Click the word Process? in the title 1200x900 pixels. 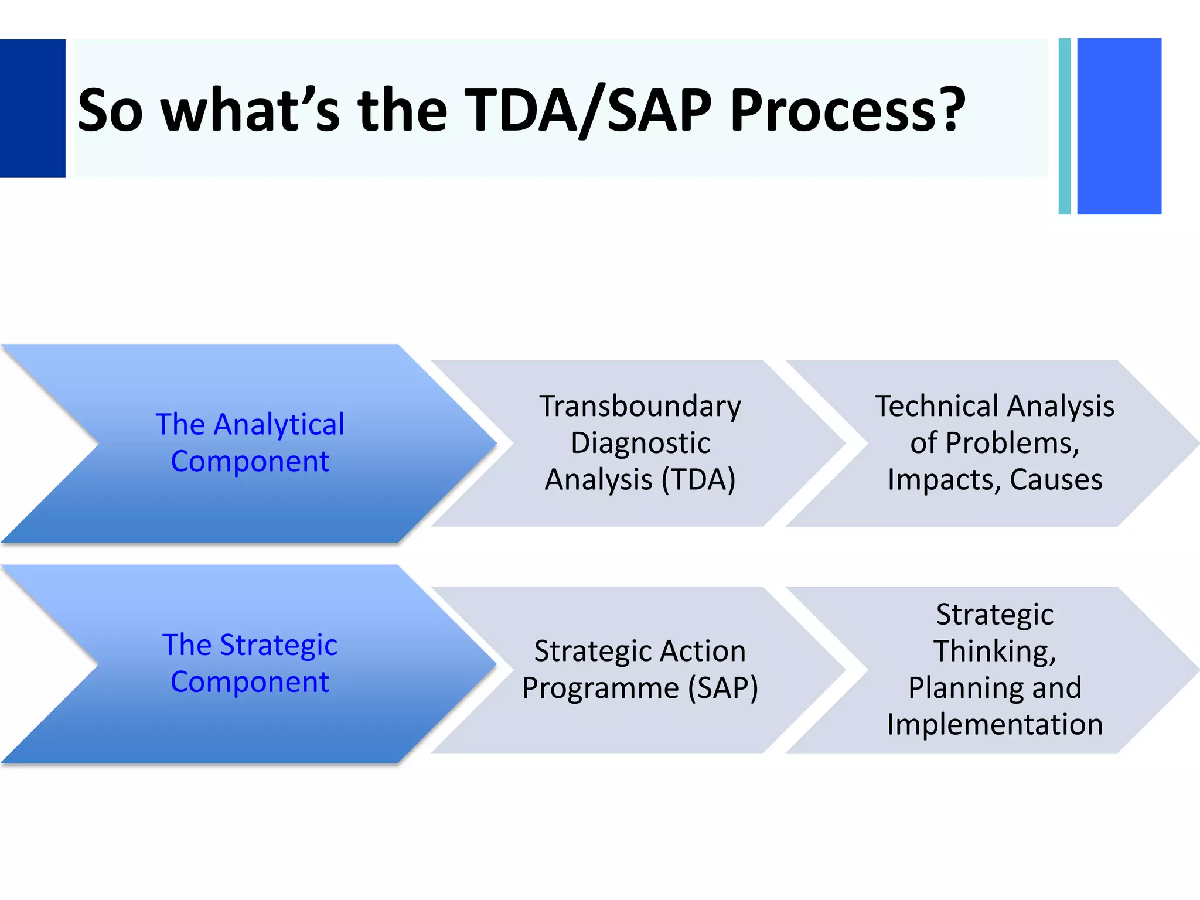coord(847,110)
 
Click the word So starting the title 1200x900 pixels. coord(110,110)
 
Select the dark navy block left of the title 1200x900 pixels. coord(32,108)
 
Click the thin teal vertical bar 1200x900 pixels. coord(1065,126)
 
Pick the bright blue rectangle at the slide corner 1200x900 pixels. coord(1119,126)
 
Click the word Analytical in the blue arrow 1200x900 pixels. coord(279,425)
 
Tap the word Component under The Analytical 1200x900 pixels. coord(250,461)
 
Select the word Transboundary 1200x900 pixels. coord(640,406)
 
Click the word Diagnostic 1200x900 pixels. coord(640,443)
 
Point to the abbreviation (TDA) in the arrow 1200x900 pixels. coord(698,479)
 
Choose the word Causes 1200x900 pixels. coord(1056,479)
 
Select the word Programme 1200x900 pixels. coord(600,688)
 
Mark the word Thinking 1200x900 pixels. coord(994,651)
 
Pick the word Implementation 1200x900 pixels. coord(994,724)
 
